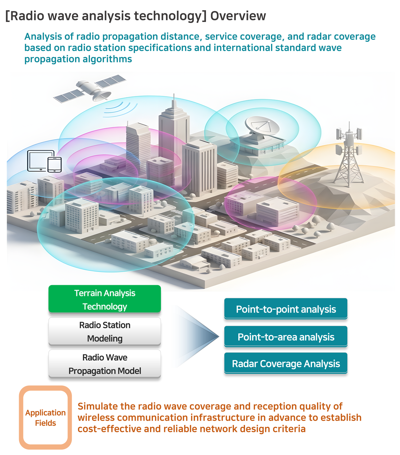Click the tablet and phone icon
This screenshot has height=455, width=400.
click(45, 161)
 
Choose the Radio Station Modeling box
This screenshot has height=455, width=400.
click(105, 331)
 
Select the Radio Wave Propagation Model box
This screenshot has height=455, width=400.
click(105, 364)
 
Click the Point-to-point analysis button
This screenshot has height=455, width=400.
click(286, 309)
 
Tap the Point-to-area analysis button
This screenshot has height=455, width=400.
click(286, 337)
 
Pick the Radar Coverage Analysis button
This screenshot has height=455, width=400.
click(286, 363)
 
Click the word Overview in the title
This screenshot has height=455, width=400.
click(238, 16)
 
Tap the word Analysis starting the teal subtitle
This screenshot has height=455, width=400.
click(43, 37)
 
